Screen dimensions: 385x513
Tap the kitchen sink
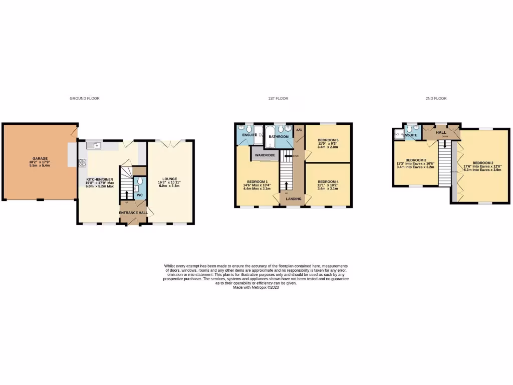tap(94, 145)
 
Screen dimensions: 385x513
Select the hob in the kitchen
tap(82, 162)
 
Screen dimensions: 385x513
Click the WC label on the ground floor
tap(140, 195)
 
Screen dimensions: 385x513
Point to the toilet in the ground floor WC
tap(140, 181)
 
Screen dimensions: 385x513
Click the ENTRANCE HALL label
tap(133, 213)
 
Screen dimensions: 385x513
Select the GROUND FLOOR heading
tap(85, 99)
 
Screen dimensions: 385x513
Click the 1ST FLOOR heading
tap(278, 99)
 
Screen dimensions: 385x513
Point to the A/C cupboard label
tap(299, 130)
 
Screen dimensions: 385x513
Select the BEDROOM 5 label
tap(328, 140)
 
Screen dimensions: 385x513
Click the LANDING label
tap(294, 199)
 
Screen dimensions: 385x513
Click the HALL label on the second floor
tap(441, 132)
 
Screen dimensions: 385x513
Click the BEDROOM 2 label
tap(483, 163)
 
